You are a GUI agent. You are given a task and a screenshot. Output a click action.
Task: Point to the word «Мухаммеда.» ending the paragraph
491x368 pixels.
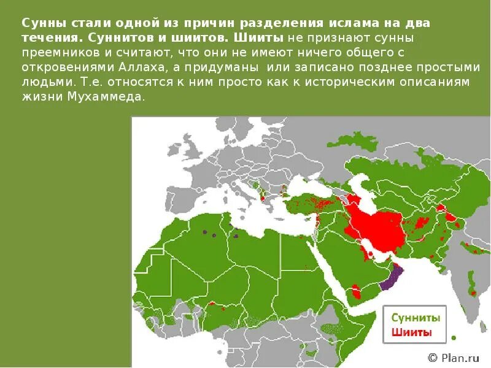point(113,97)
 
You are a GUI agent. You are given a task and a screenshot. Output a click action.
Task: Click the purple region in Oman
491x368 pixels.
point(391,278)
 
